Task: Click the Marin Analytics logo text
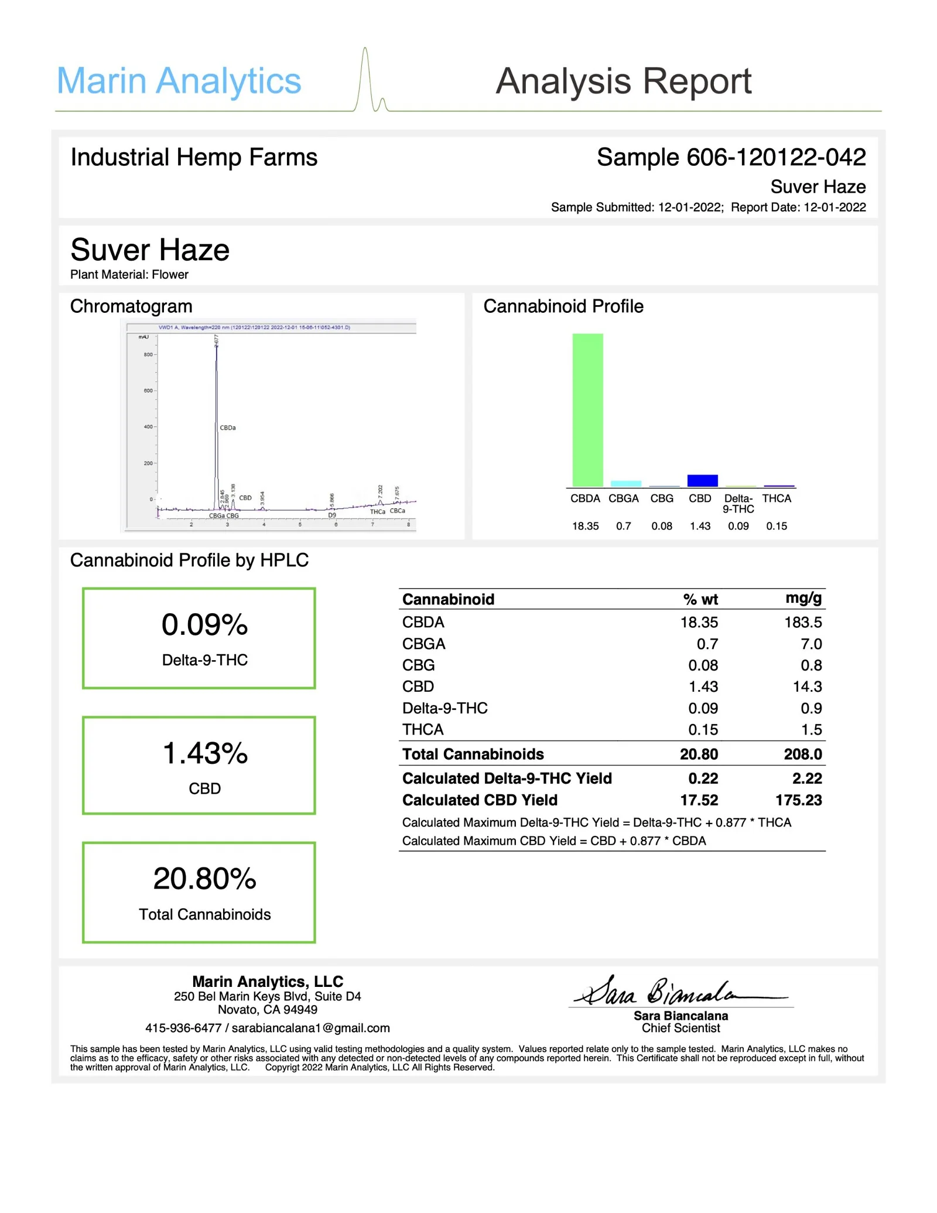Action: pos(179,81)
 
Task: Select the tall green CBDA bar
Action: pos(587,410)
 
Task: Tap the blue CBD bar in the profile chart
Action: pos(702,480)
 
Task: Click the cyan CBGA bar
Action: pos(625,483)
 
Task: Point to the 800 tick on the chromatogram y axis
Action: pos(149,354)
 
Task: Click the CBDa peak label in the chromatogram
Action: pos(228,428)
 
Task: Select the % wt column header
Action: pos(700,599)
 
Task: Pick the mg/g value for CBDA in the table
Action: pos(803,622)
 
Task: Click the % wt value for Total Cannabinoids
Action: pos(699,754)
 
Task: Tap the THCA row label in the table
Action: pos(423,729)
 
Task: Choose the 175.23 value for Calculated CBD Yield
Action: pos(798,800)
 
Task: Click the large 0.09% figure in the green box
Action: pos(204,625)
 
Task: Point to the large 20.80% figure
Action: pos(204,879)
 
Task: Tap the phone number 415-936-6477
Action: pos(183,1028)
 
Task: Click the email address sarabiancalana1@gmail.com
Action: pos(310,1028)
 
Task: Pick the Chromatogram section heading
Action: pos(131,306)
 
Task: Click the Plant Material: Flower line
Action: pos(129,275)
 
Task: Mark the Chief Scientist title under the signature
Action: pos(680,1028)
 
